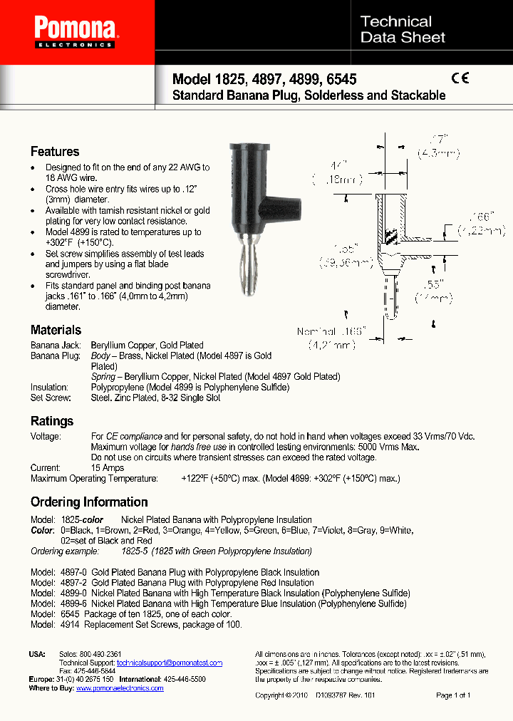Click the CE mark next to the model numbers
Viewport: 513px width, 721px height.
point(460,79)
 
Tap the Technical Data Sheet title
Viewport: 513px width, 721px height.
point(403,30)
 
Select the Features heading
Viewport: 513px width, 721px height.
point(55,151)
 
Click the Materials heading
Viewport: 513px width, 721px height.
point(56,330)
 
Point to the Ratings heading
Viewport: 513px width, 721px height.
point(52,421)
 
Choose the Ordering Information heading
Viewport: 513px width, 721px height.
point(89,502)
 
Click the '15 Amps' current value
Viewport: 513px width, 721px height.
point(108,468)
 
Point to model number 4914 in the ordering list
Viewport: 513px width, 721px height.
point(68,624)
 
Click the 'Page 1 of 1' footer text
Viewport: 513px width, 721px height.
point(453,695)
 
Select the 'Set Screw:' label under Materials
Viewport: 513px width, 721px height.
point(49,398)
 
